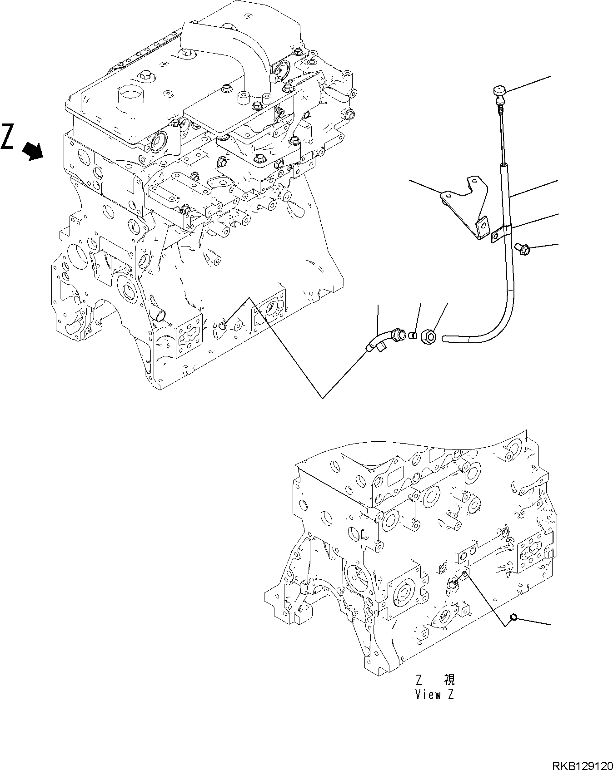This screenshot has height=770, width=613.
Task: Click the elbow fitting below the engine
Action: point(384,340)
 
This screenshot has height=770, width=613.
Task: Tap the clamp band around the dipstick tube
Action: point(503,232)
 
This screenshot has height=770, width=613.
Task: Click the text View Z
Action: point(434,707)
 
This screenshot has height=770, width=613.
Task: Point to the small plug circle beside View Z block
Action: point(513,617)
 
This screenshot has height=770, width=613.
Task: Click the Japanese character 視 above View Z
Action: point(449,692)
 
